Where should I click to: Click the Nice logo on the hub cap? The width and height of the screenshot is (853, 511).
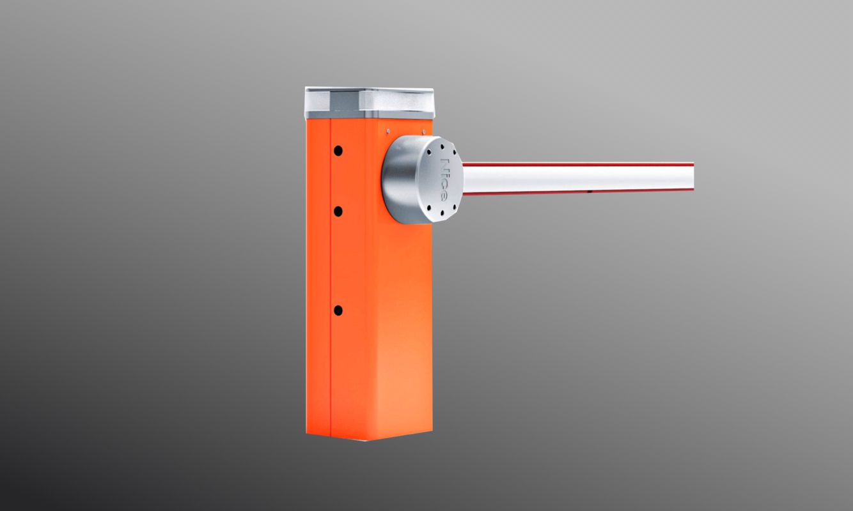tap(444, 178)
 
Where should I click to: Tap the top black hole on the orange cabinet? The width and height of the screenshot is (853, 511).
tap(338, 151)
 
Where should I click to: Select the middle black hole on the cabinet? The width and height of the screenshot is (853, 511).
tap(338, 211)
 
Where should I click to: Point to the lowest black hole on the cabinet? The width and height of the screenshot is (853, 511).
tap(338, 310)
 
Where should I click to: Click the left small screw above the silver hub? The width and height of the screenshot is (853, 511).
tap(388, 131)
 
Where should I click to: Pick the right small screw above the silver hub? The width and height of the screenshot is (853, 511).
tap(423, 132)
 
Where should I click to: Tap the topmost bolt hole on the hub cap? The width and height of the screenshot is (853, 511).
tap(442, 146)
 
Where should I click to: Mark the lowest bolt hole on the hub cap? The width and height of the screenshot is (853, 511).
tap(442, 212)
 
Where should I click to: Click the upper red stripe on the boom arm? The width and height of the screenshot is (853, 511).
tap(578, 164)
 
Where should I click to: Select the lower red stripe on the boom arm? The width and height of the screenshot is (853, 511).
tap(578, 192)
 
